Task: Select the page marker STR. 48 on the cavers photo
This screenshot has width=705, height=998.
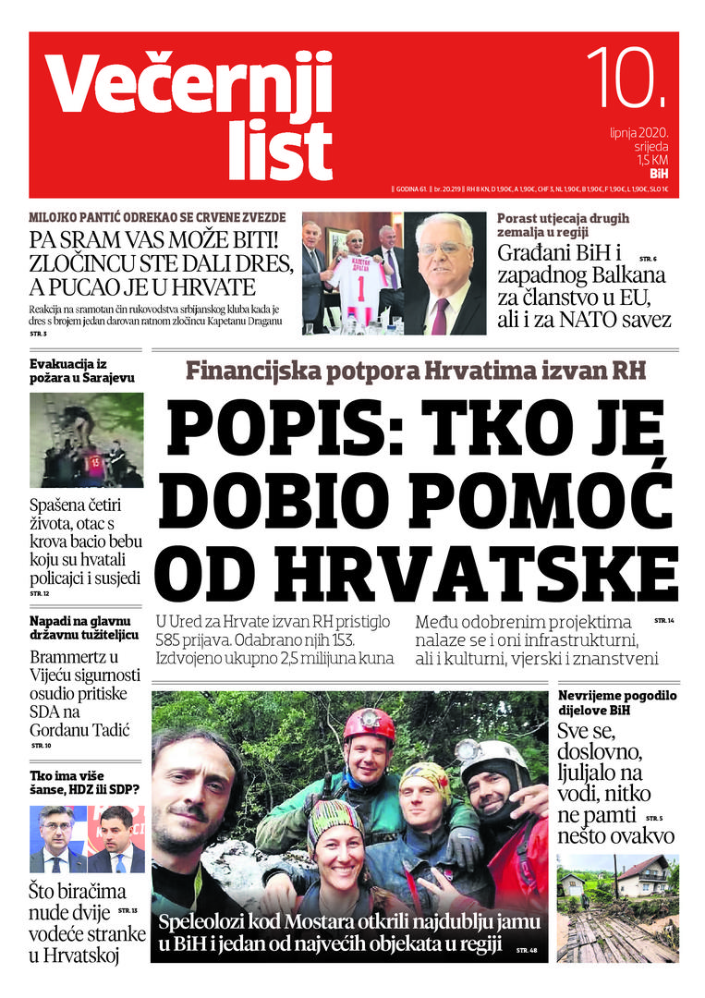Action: [x=526, y=949]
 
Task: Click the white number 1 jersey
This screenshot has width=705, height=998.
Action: [x=355, y=283]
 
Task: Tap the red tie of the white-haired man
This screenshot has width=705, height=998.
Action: [x=440, y=314]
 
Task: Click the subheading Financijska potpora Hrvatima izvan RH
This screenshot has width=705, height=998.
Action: [x=415, y=371]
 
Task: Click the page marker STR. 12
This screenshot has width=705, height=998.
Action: [x=40, y=593]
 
